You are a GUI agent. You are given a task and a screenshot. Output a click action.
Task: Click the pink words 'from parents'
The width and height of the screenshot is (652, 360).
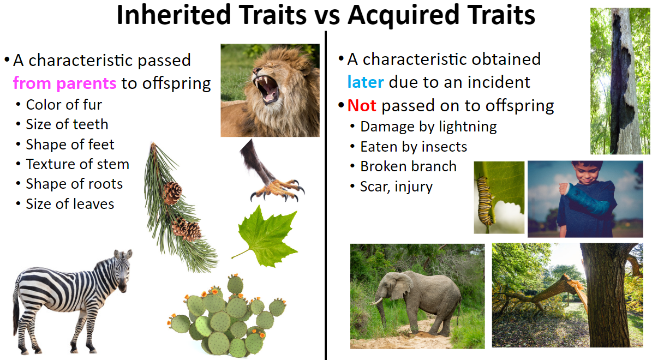point(64,83)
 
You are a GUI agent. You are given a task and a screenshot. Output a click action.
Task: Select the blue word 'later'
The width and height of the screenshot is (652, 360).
point(366,82)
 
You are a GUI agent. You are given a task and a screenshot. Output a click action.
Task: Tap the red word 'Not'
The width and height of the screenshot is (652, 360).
point(362,106)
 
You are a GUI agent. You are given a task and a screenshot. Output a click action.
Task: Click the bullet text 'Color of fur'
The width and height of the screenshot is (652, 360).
point(64,105)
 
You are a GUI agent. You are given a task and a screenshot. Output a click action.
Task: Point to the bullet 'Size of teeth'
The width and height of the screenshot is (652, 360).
point(67,124)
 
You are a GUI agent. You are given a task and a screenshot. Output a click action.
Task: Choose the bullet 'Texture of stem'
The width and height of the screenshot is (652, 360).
point(77,164)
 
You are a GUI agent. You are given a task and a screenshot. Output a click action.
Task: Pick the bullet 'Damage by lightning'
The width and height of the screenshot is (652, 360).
point(428,127)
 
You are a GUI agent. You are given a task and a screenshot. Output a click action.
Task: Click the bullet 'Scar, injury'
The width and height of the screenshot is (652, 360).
point(396,187)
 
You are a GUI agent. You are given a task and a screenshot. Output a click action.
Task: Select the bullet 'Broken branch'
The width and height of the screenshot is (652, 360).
point(408,167)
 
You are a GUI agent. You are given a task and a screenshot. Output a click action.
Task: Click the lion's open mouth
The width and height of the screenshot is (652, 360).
point(267,88)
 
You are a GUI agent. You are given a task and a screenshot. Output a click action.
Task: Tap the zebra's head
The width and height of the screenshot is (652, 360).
point(123,270)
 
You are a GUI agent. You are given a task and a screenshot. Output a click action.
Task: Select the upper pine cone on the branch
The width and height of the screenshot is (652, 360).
point(172,193)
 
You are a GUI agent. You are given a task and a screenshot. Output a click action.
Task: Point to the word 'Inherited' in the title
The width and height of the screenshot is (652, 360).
point(174,15)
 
